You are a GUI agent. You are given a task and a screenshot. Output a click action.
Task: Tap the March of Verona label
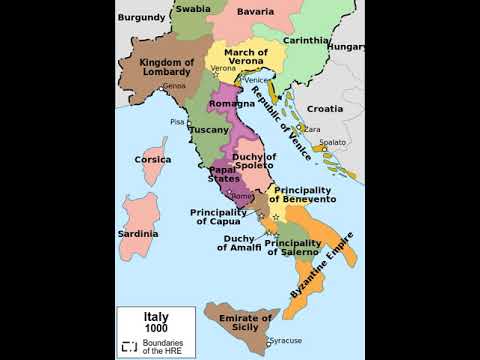[x=245, y=56]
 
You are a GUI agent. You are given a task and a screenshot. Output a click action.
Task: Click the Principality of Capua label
[x=219, y=217]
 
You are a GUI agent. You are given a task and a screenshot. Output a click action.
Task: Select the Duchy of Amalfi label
[x=240, y=242]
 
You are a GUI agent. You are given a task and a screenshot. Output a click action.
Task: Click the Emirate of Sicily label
[x=246, y=323]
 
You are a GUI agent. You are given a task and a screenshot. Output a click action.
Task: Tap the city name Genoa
[x=175, y=86]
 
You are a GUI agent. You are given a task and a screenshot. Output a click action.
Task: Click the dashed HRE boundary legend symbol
[x=130, y=346]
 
